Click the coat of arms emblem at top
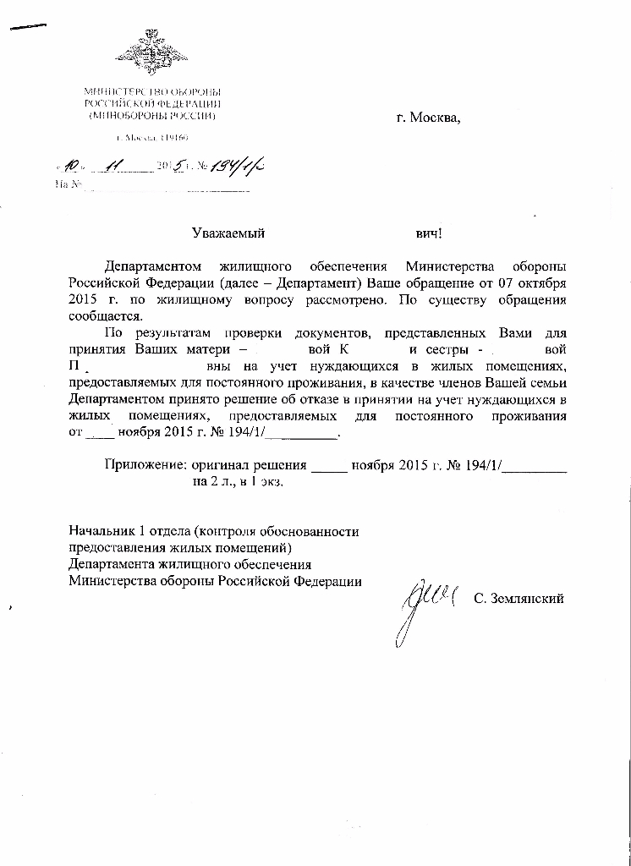[x=152, y=52]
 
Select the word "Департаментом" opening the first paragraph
[x=152, y=267]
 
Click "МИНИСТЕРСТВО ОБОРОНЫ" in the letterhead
[x=152, y=90]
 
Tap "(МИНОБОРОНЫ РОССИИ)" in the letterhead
[x=152, y=114]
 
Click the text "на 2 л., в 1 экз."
[x=238, y=481]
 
